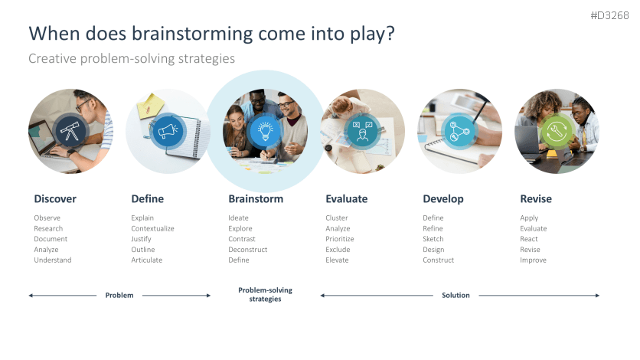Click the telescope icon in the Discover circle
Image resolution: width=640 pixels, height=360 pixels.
[70, 132]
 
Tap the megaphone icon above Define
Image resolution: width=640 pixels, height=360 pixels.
[168, 132]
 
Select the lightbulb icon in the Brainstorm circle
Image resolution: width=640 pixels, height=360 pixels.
[265, 131]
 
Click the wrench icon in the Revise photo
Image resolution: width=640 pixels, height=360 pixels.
[557, 132]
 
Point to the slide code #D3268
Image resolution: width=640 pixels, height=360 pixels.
[610, 16]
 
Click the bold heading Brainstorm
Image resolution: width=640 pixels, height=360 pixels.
[256, 199]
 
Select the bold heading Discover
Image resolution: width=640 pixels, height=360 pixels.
[55, 199]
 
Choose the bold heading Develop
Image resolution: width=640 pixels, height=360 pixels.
[443, 199]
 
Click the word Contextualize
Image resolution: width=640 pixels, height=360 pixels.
[152, 228]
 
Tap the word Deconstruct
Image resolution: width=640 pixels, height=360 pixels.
[247, 250]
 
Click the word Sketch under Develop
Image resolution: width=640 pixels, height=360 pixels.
[433, 239]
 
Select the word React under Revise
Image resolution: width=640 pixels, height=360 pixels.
[529, 239]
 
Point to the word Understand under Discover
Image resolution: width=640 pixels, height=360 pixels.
[53, 260]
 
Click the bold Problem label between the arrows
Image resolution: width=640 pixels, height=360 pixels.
[119, 295]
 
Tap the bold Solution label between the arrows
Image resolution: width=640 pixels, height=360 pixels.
[456, 295]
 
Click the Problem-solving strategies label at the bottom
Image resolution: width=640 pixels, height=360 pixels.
[265, 295]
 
